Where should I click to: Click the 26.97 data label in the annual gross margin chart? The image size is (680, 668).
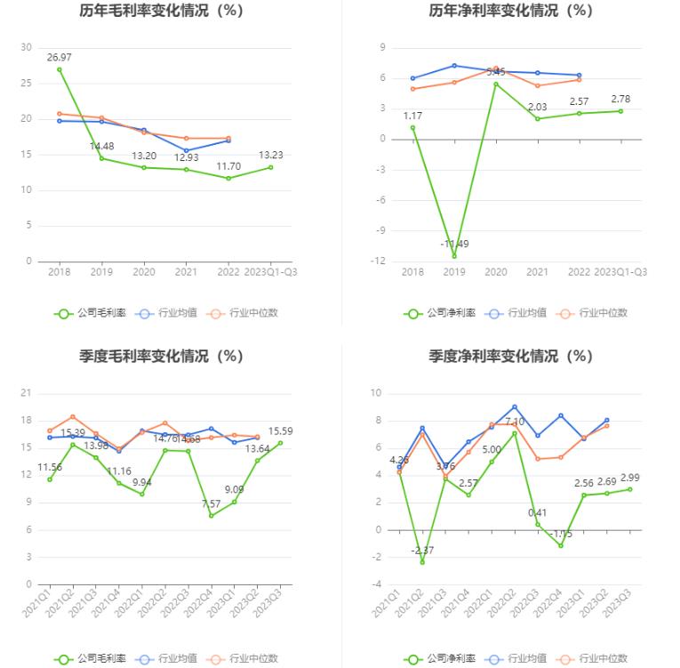(x=60, y=57)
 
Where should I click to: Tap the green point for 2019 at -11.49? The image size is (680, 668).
(x=454, y=256)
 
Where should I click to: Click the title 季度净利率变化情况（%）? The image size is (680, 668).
(x=510, y=356)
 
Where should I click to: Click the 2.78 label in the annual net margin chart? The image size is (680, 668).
(x=620, y=98)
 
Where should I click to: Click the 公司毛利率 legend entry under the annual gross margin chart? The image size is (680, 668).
(x=91, y=313)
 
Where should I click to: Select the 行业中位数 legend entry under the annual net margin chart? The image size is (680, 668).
(x=594, y=313)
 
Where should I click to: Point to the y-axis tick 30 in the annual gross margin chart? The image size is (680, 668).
(x=26, y=47)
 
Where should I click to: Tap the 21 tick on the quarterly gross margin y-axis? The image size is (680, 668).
(x=26, y=393)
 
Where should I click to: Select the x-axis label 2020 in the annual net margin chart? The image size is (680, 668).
(x=496, y=272)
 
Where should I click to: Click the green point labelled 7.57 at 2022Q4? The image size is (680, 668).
(x=212, y=515)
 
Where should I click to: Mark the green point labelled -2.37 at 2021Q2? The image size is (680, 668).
(x=422, y=562)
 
